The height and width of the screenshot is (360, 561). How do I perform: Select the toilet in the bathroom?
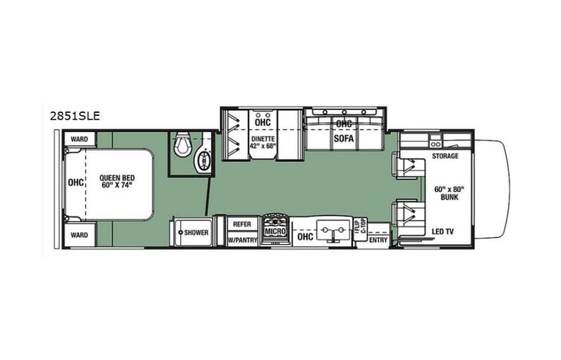coord(183,144)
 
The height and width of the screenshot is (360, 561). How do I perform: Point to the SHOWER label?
coord(196,232)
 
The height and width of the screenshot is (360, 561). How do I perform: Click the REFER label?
coord(242,224)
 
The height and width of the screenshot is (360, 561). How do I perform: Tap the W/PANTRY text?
coord(242,239)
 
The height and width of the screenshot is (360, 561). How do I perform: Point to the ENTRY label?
coord(378,239)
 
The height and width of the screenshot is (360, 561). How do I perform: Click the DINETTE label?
coord(263,140)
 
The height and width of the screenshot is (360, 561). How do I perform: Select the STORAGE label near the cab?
coord(444,156)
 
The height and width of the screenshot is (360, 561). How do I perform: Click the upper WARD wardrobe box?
coord(79,139)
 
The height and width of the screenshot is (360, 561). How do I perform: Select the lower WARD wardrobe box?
coord(79,234)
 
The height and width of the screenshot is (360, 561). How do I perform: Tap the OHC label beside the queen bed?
coord(74,183)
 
